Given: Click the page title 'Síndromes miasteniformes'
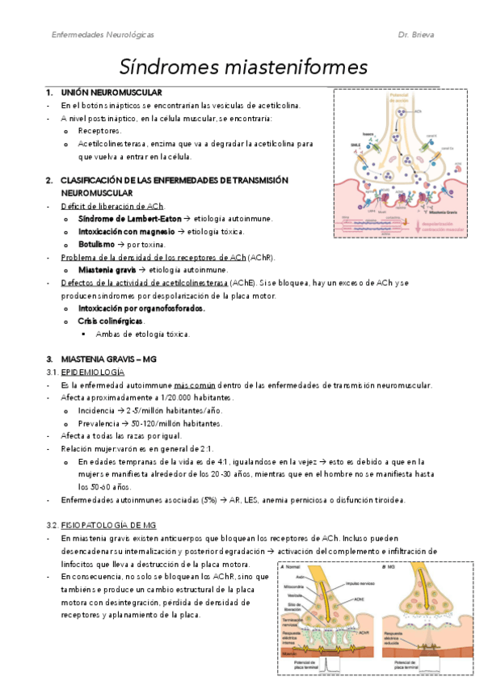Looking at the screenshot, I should [x=243, y=65].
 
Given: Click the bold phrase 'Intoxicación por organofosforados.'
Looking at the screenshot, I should [x=141, y=308].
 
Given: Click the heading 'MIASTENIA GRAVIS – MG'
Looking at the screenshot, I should [x=108, y=359].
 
